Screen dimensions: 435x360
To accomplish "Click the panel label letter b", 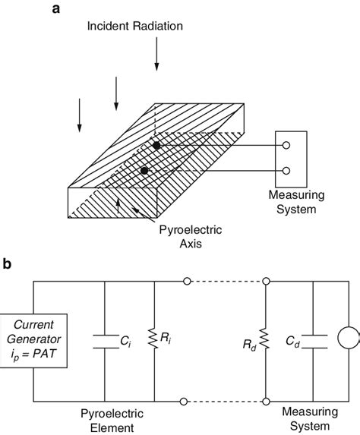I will pyautogui.click(x=8, y=264).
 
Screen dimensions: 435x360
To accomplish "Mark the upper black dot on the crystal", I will pyautogui.click(x=156, y=145).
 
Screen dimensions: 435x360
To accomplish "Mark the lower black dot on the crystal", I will pyautogui.click(x=144, y=171).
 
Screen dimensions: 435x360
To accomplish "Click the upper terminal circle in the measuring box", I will pyautogui.click(x=286, y=146).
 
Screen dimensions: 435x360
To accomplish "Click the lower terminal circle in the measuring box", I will pyautogui.click(x=286, y=171).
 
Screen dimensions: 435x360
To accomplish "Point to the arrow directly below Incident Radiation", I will pyautogui.click(x=156, y=54).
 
